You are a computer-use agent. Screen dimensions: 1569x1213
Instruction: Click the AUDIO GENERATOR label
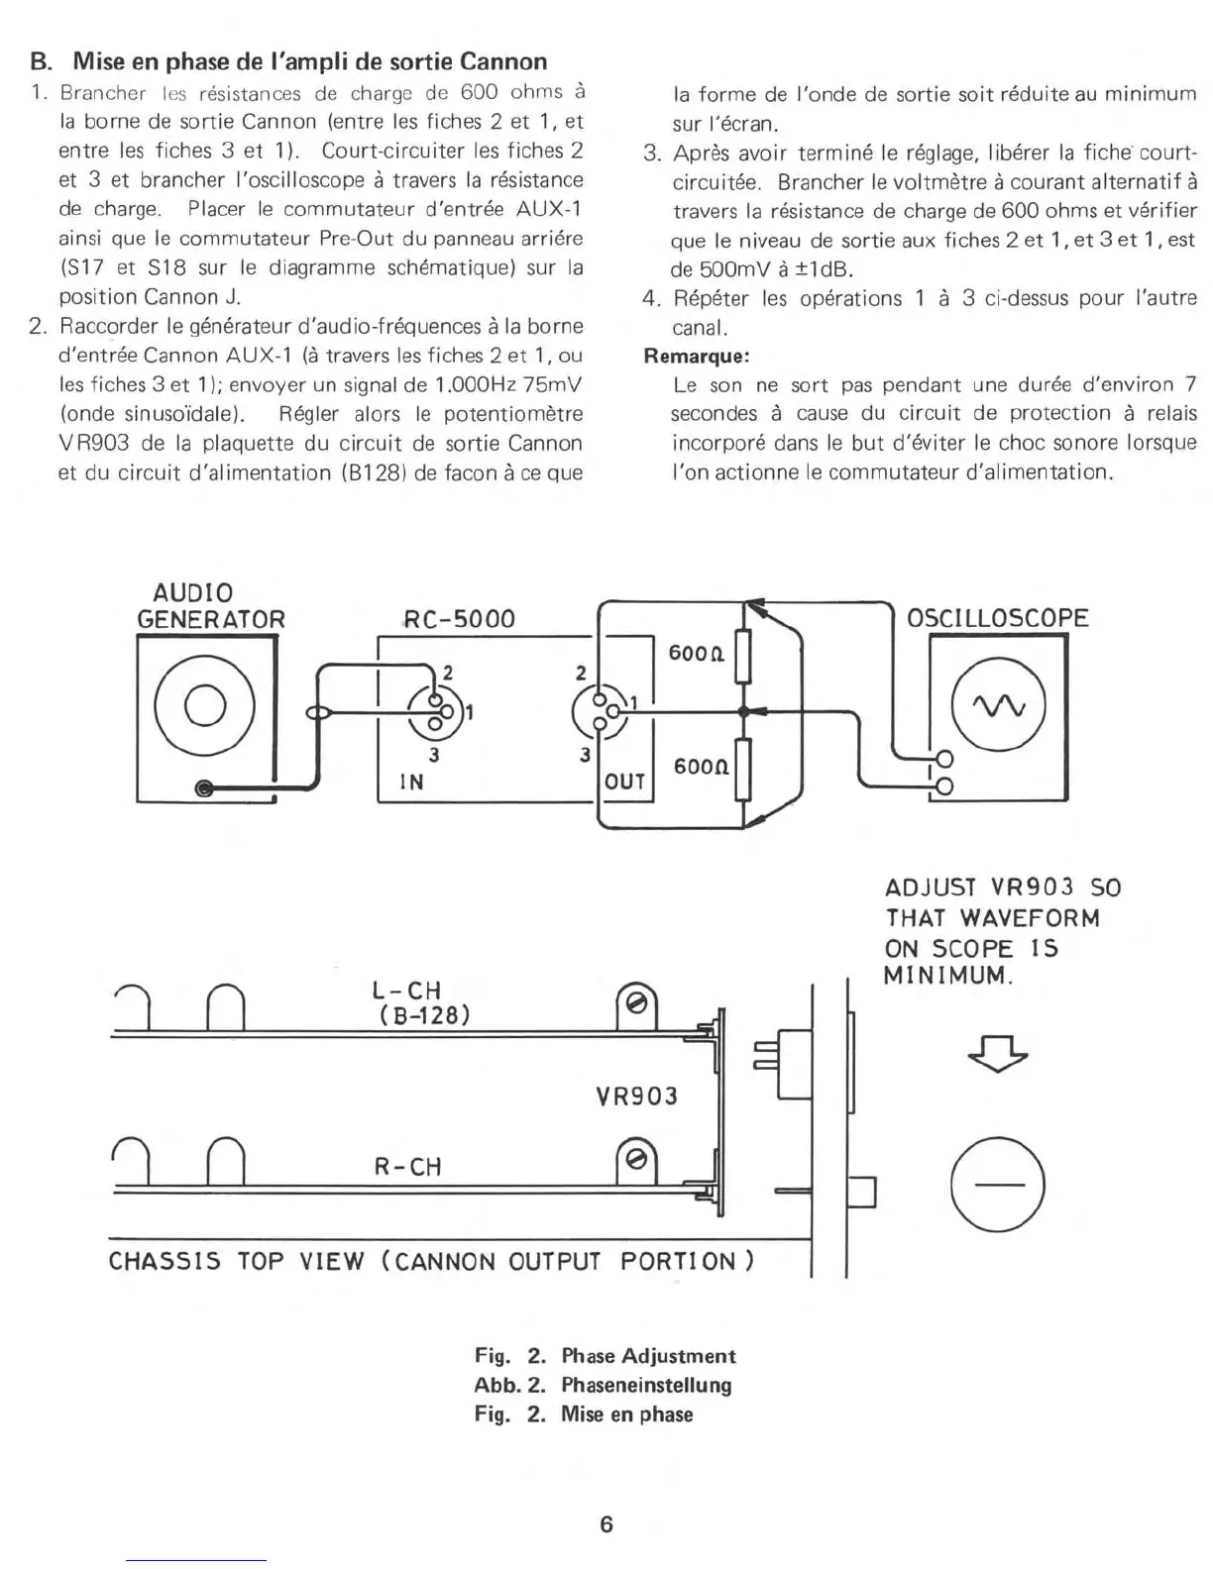click(211, 606)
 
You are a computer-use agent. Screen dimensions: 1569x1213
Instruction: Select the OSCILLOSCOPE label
click(998, 618)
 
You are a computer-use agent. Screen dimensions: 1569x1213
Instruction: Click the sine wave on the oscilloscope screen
click(998, 706)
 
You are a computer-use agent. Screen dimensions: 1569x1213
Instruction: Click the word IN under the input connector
click(411, 782)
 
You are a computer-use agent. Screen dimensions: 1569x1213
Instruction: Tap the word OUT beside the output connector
click(625, 782)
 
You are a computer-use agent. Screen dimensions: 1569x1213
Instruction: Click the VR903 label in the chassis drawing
click(636, 1097)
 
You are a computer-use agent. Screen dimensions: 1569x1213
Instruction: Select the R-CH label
click(406, 1167)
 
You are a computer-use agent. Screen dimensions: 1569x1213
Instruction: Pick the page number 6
click(606, 1524)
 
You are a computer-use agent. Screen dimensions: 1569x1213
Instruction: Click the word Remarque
click(696, 356)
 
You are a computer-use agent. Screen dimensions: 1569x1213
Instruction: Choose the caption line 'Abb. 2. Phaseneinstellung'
click(603, 1385)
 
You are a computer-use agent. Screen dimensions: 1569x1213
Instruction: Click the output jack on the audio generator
click(204, 788)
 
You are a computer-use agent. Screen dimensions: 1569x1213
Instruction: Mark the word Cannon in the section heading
click(503, 61)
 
